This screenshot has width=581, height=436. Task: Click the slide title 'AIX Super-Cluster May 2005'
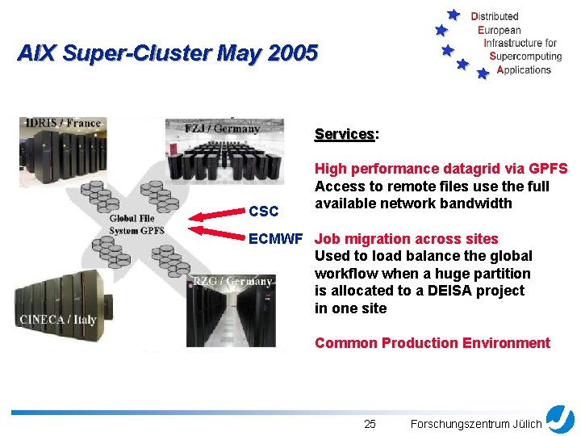pos(168,54)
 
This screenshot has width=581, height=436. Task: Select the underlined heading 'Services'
pos(345,134)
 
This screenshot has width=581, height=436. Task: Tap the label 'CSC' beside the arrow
pos(264,212)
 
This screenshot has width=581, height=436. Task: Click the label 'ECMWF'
pos(275,239)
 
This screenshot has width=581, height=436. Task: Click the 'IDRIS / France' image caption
pos(64,123)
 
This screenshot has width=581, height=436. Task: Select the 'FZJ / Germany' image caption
pos(222,128)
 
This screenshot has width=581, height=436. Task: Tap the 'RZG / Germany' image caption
pos(232,281)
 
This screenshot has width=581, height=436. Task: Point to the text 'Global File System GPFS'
pos(136,224)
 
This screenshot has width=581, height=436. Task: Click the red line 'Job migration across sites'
pos(406,239)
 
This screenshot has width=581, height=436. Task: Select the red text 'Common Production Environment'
pos(432,343)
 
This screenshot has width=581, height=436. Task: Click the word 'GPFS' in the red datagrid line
pos(548,169)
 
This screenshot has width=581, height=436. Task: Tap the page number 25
pos(370,424)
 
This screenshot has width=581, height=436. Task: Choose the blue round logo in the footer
pos(560,419)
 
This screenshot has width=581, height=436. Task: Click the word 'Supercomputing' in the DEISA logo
pos(525,57)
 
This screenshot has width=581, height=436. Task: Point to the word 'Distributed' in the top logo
pos(495,16)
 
